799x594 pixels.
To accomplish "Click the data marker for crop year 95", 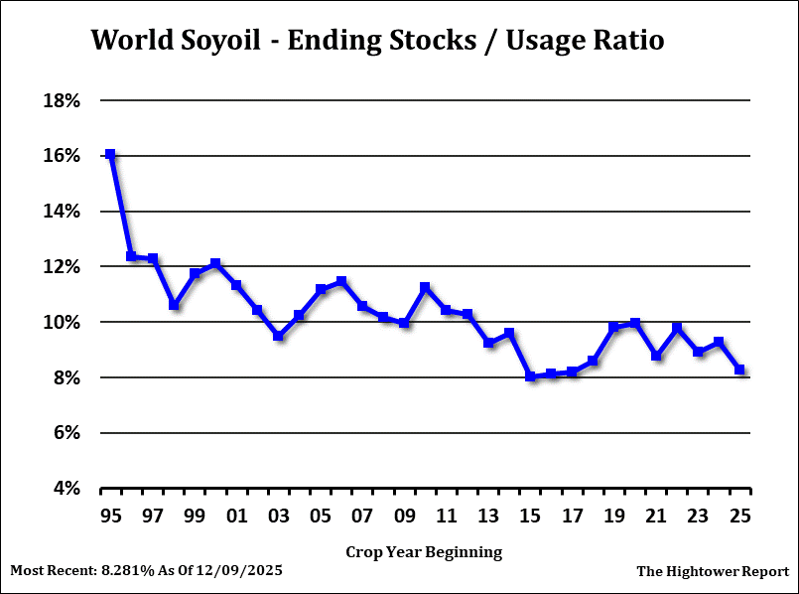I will (x=110, y=155).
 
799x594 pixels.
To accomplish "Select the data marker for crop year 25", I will (x=740, y=370).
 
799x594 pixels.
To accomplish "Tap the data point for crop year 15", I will (x=531, y=376).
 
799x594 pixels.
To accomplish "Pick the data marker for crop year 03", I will (x=279, y=336).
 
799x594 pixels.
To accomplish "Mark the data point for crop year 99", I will (x=195, y=273).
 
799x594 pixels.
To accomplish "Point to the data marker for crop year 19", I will (x=614, y=327).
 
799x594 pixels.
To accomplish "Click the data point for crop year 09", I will (x=404, y=323).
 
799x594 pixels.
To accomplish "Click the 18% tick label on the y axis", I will (x=59, y=100).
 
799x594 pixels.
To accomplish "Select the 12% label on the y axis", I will (x=59, y=267).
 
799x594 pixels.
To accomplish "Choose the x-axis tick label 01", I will (x=236, y=516).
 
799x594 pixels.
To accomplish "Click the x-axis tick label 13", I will (x=488, y=516).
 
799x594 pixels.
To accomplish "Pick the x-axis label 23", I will (x=698, y=516).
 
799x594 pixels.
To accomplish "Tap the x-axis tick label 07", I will (x=362, y=516).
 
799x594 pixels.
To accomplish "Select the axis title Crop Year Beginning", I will (x=424, y=551).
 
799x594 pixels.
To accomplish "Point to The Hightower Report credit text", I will (x=712, y=571).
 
